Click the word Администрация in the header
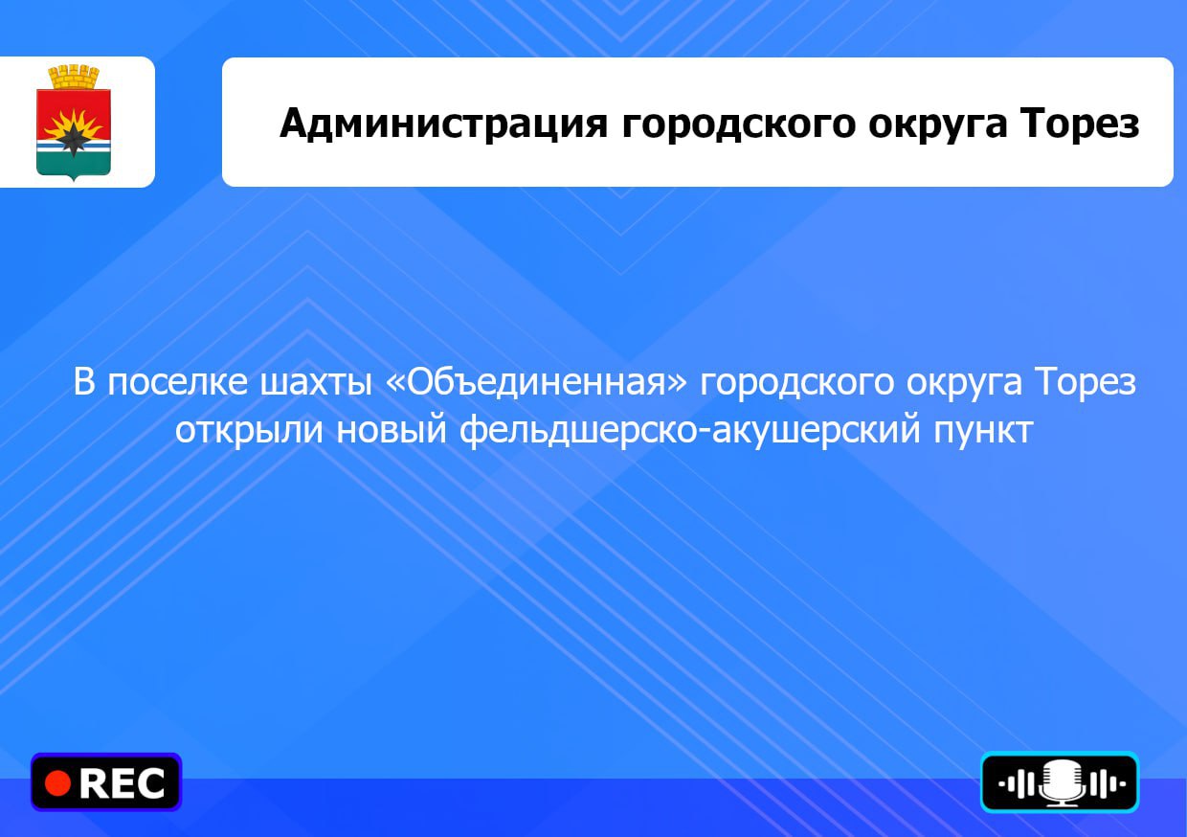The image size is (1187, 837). (x=443, y=124)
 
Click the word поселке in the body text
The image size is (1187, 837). (x=177, y=382)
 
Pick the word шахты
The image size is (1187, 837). (x=316, y=382)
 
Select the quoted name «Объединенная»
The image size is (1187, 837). (x=536, y=382)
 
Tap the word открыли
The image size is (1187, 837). (x=249, y=430)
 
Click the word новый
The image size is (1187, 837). (x=392, y=428)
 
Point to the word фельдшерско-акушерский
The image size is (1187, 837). (x=689, y=428)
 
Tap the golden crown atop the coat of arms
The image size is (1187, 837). (x=74, y=78)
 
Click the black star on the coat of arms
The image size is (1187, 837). (x=73, y=139)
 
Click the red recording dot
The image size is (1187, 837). (x=58, y=783)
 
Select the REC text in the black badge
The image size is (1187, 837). (x=122, y=783)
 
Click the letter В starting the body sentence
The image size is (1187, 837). (x=83, y=382)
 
